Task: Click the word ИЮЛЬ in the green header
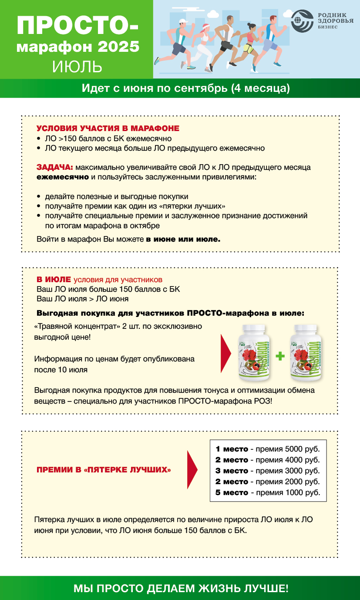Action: click(x=77, y=67)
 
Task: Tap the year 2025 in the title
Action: click(x=118, y=47)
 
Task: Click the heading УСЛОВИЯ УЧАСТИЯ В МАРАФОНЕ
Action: click(x=108, y=128)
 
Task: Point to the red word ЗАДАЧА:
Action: click(x=55, y=167)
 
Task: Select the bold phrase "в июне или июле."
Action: click(x=183, y=239)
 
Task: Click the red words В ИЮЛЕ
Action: click(x=54, y=280)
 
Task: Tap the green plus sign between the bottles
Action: click(x=280, y=356)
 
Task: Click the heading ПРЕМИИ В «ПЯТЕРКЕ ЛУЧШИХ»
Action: click(x=104, y=470)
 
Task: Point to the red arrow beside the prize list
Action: click(x=192, y=470)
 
